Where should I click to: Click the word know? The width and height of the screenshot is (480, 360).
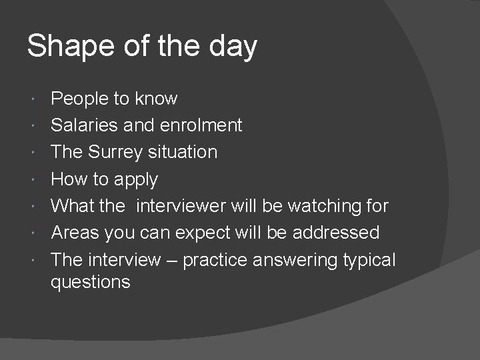pos(156,99)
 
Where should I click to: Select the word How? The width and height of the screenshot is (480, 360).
pos(68,179)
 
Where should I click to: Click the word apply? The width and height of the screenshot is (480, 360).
pos(135,180)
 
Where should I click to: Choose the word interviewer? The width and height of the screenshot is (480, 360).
pos(181,206)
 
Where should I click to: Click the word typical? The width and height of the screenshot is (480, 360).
pos(369,260)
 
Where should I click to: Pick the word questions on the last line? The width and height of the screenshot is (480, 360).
pos(91,282)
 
